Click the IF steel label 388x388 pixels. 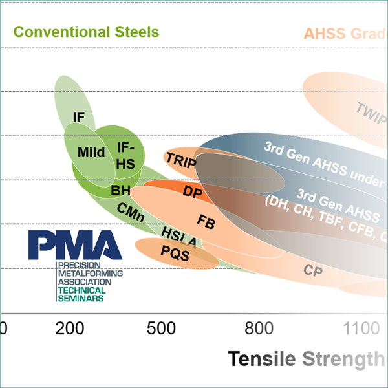[x=79, y=118]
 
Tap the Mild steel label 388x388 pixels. [x=91, y=153]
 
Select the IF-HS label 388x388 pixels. [x=125, y=156]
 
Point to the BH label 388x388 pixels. [x=120, y=190]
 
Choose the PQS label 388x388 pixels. [x=175, y=254]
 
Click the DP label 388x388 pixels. [x=193, y=192]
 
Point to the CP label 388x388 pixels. [x=314, y=270]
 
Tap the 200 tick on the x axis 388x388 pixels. [x=69, y=329]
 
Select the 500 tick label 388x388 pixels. [x=161, y=329]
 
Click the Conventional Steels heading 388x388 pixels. [x=86, y=32]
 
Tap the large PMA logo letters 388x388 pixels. [x=75, y=244]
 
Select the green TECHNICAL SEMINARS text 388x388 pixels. [x=81, y=294]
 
